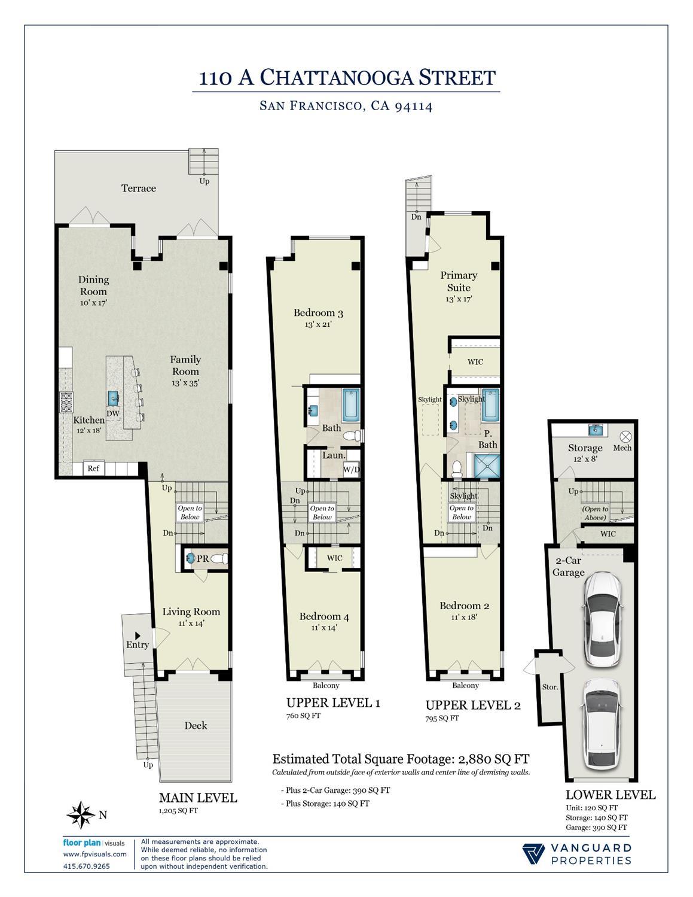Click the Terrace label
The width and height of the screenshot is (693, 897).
pos(139,188)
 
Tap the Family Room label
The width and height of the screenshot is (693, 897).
pos(185,365)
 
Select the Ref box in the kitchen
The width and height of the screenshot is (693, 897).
pos(93,469)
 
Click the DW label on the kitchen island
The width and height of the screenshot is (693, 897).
pos(113,413)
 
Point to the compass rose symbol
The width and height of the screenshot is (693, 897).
pos(81,814)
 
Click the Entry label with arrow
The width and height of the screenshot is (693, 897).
pos(138,644)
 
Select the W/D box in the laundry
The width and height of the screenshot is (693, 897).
pos(352,470)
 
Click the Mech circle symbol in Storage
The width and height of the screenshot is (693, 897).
pos(625,437)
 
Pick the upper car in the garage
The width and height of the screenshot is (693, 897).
pos(600,619)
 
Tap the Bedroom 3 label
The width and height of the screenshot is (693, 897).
pos(318,313)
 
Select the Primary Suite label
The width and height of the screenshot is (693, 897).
pos(459,281)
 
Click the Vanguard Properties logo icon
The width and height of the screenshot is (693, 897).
pos(533,854)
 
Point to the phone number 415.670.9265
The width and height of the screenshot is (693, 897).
pos(87,866)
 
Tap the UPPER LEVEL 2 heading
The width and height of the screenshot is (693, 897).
pos(472,705)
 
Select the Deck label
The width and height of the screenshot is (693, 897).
pos(196,725)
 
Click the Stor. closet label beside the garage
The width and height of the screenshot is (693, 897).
pos(549,687)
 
